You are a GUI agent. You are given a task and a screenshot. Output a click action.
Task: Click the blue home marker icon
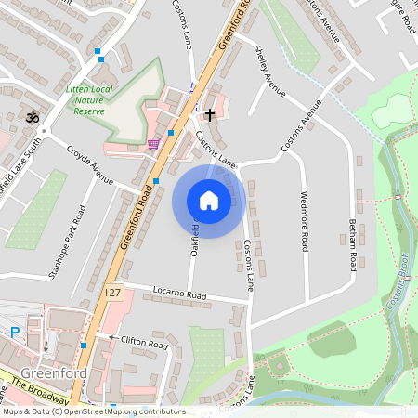209,201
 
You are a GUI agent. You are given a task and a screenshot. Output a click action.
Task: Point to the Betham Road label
353,243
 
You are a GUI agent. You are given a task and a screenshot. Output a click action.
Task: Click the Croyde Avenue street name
97,165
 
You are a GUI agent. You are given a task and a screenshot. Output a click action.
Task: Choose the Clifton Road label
144,342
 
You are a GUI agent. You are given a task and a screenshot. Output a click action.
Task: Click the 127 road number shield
113,292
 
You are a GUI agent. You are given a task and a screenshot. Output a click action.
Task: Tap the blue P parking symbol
14,332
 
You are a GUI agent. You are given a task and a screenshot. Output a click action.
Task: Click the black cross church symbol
210,115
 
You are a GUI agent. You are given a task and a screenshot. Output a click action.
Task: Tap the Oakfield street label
196,236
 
